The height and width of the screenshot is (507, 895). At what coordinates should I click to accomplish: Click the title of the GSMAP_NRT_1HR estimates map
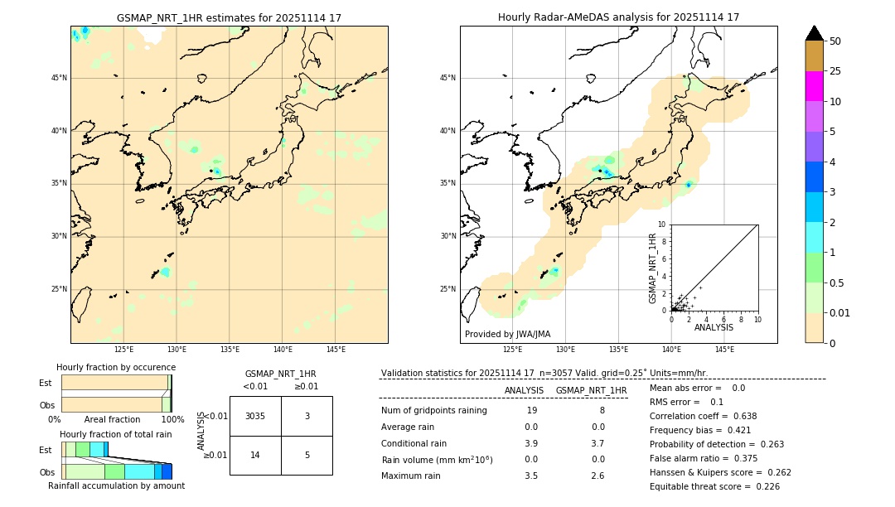tap(229, 17)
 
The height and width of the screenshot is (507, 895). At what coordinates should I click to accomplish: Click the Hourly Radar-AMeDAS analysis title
tap(618, 17)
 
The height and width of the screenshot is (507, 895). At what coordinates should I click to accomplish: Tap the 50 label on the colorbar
tap(835, 41)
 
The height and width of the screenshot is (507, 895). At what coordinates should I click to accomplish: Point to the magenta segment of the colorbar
tap(814, 86)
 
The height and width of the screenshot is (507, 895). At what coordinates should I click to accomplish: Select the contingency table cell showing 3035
tap(255, 416)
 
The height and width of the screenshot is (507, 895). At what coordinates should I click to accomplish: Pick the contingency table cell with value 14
tap(255, 455)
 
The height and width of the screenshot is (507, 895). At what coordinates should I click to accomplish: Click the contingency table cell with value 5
tap(307, 455)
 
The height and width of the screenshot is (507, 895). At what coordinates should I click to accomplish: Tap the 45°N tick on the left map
tap(59, 78)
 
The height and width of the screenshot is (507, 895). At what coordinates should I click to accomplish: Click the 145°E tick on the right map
tap(724, 350)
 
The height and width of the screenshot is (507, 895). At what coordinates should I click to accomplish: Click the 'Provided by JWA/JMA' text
tap(507, 334)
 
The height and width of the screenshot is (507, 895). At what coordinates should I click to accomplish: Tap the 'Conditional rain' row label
tap(415, 442)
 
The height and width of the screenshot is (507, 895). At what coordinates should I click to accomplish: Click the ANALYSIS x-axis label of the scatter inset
tap(714, 327)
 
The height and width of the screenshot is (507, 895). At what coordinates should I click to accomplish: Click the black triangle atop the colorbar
tap(814, 33)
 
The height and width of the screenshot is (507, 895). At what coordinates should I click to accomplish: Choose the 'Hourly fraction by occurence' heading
tap(116, 367)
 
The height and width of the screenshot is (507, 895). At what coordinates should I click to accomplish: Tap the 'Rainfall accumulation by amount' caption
tap(116, 485)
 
